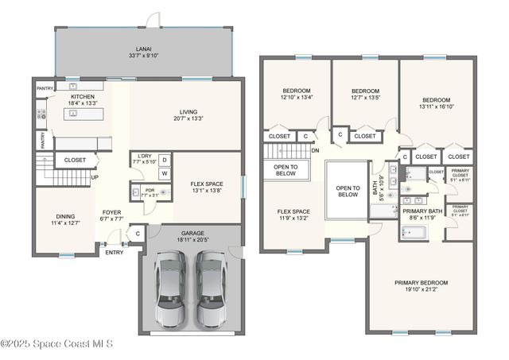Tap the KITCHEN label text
pyautogui.click(x=83, y=96)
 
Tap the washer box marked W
pyautogui.click(x=165, y=172)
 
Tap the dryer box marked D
pyautogui.click(x=165, y=159)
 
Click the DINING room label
pyautogui.click(x=65, y=216)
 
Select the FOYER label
pyautogui.click(x=111, y=212)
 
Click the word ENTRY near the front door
pyautogui.click(x=115, y=253)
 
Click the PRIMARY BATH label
pyautogui.click(x=422, y=211)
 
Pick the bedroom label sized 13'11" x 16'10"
pyautogui.click(x=435, y=100)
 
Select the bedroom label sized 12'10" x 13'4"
pyautogui.click(x=296, y=91)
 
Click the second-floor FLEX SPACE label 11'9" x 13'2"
pyautogui.click(x=293, y=212)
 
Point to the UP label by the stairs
pyautogui.click(x=95, y=177)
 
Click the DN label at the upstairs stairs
pyautogui.click(x=315, y=150)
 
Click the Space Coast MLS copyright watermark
pyautogui.click(x=57, y=343)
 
